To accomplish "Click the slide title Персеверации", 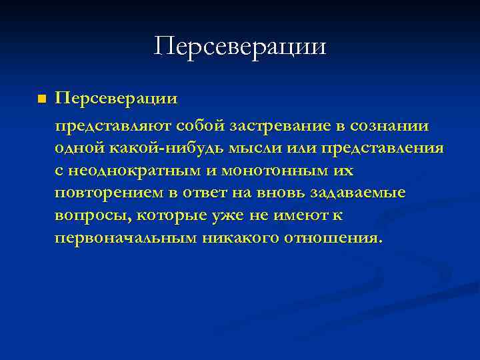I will click(x=240, y=47).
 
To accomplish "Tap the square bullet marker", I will click(x=42, y=99).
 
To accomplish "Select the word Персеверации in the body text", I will click(x=117, y=99).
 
